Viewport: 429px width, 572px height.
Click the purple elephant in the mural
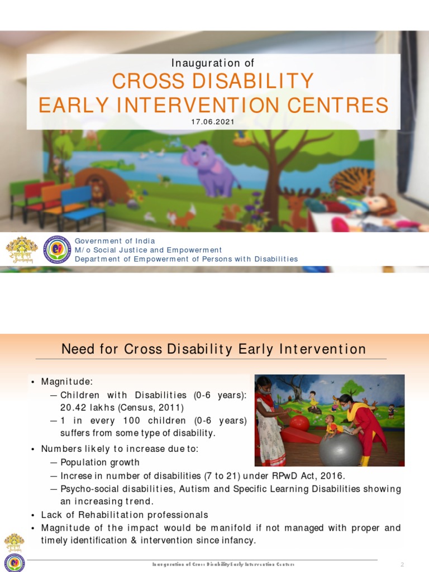[208, 166]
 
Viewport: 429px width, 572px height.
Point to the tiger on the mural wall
[352, 182]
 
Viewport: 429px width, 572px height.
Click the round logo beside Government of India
[57, 250]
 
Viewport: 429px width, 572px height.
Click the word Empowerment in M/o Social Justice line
[194, 250]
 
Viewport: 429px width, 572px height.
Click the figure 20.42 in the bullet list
[74, 408]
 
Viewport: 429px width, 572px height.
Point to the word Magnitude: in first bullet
[66, 382]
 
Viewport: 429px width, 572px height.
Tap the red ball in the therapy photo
[300, 423]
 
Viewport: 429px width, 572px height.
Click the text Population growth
[99, 463]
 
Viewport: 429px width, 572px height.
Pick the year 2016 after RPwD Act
[333, 476]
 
